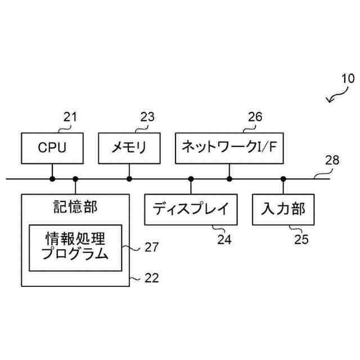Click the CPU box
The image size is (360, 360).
click(52, 148)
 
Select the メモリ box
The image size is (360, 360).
click(129, 148)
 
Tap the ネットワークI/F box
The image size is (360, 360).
click(229, 148)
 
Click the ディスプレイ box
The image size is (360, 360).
click(191, 209)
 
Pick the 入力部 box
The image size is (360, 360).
click(283, 209)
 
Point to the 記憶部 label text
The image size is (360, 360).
click(75, 208)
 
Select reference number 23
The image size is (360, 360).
click(147, 117)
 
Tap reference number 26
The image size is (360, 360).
click(255, 117)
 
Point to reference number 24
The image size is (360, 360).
click(224, 239)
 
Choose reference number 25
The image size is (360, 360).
click(301, 239)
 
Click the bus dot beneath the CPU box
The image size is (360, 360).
click(52, 179)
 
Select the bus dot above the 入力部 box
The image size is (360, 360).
click(283, 179)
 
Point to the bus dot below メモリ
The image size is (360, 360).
click(129, 179)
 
